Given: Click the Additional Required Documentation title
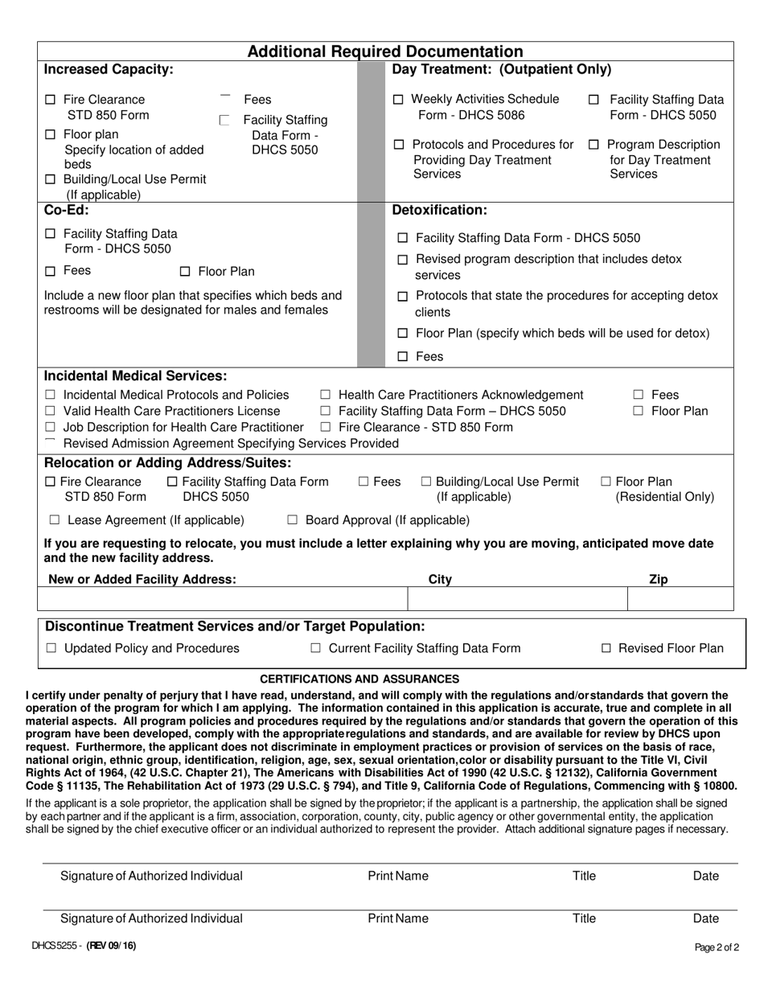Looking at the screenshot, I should click(384, 51).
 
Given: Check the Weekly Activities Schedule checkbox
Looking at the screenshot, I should click(399, 100).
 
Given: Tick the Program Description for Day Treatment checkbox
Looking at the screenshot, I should click(594, 146).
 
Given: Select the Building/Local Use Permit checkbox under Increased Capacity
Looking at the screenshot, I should click(50, 179).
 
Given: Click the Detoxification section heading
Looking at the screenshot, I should click(439, 211).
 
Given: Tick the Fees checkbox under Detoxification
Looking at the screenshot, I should click(404, 357).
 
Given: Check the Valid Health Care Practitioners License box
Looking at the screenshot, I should click(50, 412).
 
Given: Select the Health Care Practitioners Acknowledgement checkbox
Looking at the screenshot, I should click(326, 395).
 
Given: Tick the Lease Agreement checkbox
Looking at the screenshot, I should click(55, 520).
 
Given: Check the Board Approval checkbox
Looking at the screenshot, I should click(293, 520).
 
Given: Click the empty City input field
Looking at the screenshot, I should click(517, 600).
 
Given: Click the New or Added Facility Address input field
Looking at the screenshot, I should click(223, 600).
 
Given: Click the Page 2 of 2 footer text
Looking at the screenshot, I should click(717, 947).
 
